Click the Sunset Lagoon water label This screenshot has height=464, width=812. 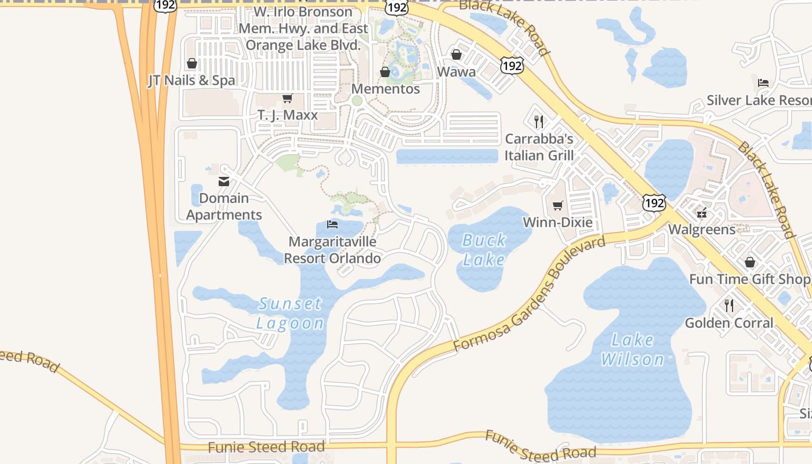[x=290, y=313]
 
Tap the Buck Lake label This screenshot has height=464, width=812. [x=484, y=250]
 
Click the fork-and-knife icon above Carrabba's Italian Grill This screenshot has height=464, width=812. [x=539, y=121]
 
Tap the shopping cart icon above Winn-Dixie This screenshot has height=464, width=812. [x=557, y=205]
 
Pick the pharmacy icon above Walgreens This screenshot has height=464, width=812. [x=702, y=212]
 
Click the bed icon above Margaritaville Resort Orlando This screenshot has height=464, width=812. [x=332, y=224]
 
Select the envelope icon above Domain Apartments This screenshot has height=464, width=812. [x=224, y=181]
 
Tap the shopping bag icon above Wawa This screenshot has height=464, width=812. [x=456, y=55]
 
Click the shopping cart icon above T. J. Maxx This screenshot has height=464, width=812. [x=287, y=98]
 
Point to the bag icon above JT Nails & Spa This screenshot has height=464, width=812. [x=192, y=63]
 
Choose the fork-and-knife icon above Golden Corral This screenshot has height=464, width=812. [x=729, y=305]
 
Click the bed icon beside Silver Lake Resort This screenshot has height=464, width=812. [x=763, y=82]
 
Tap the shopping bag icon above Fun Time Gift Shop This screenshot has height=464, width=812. [x=750, y=262]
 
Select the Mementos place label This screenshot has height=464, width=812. [x=386, y=89]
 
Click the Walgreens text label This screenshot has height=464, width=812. [x=702, y=229]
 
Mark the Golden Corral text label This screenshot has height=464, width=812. [x=729, y=322]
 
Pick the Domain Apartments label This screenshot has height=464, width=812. [x=224, y=206]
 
